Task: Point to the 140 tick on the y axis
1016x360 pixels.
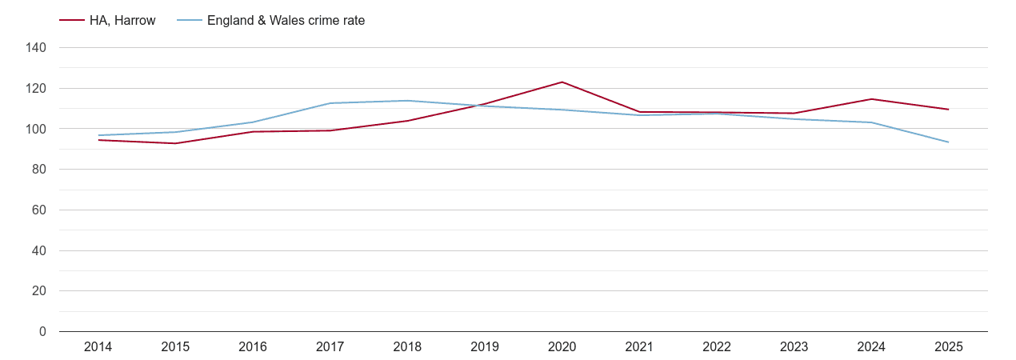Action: click(36, 48)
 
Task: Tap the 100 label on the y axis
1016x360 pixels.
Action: click(36, 129)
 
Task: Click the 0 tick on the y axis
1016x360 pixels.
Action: click(42, 332)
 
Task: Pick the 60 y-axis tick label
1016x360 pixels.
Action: click(39, 210)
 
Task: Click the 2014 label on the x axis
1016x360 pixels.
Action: click(98, 347)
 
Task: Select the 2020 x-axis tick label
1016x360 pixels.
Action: click(562, 347)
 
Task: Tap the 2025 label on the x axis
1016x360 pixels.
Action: click(949, 347)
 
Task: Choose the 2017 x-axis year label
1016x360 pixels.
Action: click(330, 347)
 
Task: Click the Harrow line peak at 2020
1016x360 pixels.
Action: click(562, 82)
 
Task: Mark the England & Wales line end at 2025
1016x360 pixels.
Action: click(949, 142)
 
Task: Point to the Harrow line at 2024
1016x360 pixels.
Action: click(871, 99)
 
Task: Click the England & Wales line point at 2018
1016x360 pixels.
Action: click(407, 101)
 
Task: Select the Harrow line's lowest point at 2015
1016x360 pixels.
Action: click(175, 143)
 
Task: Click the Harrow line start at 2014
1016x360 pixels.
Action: click(98, 140)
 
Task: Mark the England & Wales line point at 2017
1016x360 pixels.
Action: click(330, 103)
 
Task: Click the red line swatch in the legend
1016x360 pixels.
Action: click(72, 21)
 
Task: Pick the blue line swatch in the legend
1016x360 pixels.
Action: click(189, 21)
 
